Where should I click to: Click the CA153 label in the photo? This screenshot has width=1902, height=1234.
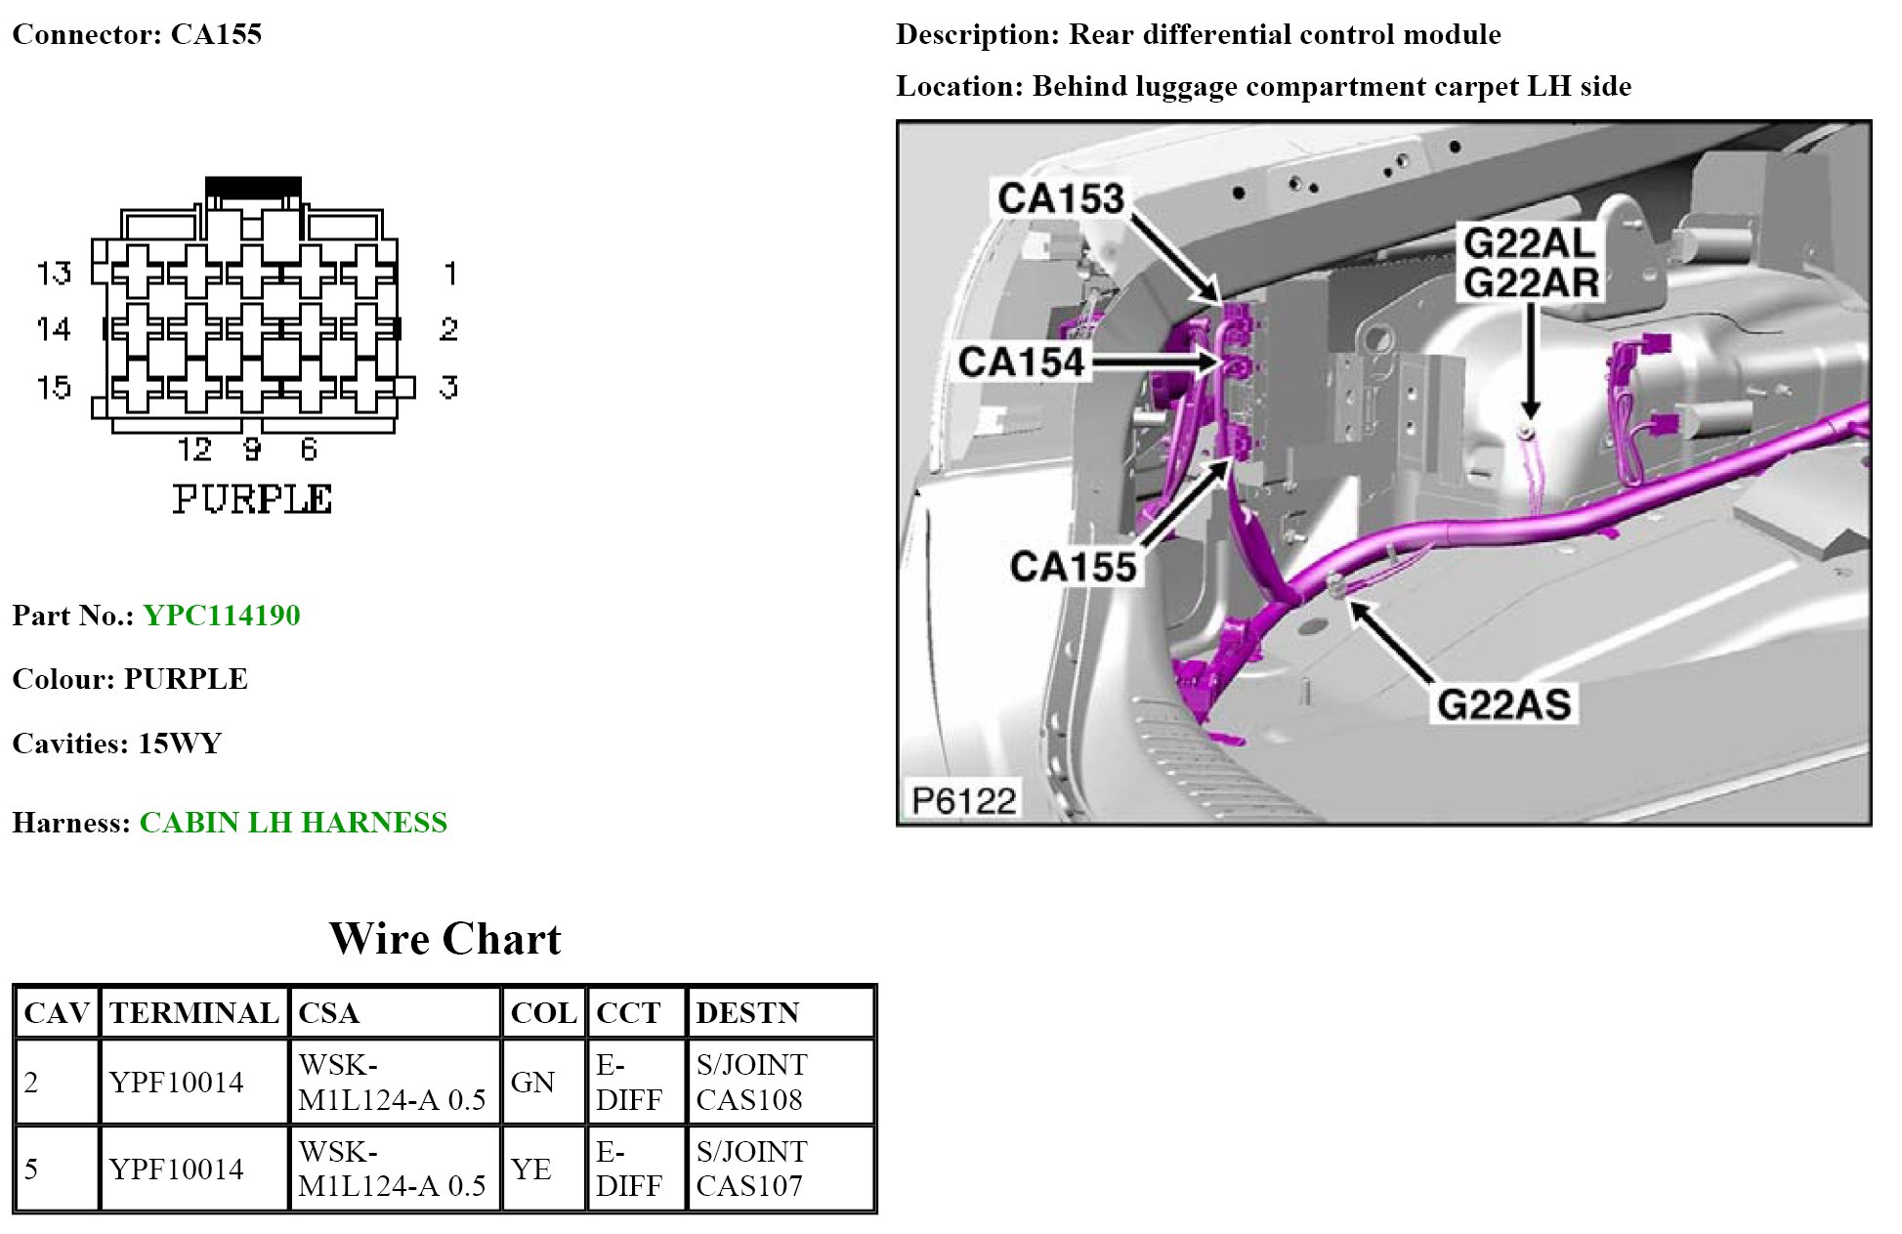pos(1061,198)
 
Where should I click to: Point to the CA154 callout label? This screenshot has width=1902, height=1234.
pos(1021,362)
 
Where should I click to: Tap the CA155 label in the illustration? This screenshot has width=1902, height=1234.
pos(1073,567)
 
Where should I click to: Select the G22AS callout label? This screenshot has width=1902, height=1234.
pos(1503,704)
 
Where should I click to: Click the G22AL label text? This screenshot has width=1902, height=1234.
pos(1529,242)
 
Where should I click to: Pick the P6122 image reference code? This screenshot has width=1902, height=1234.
pos(963,800)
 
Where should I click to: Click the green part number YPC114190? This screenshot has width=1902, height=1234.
pos(222,616)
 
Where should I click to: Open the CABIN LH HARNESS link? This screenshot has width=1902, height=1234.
pos(293,823)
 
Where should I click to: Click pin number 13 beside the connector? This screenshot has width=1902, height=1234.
pos(54,273)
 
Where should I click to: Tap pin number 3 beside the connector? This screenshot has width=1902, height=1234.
pos(448,387)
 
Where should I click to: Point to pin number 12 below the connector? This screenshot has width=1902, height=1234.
pos(194,449)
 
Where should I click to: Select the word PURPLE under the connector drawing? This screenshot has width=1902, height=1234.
pos(253,499)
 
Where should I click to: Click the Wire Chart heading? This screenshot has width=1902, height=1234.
pos(444,939)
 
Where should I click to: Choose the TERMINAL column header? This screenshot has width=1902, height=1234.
pos(193,1013)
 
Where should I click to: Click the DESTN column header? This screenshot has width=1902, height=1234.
pos(747,1013)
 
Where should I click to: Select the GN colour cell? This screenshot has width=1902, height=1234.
pos(532,1083)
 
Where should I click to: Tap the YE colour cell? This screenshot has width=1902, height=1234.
pos(531,1170)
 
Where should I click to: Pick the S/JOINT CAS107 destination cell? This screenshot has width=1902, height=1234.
pos(751,1170)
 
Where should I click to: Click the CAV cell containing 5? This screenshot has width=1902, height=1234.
pos(32,1170)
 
